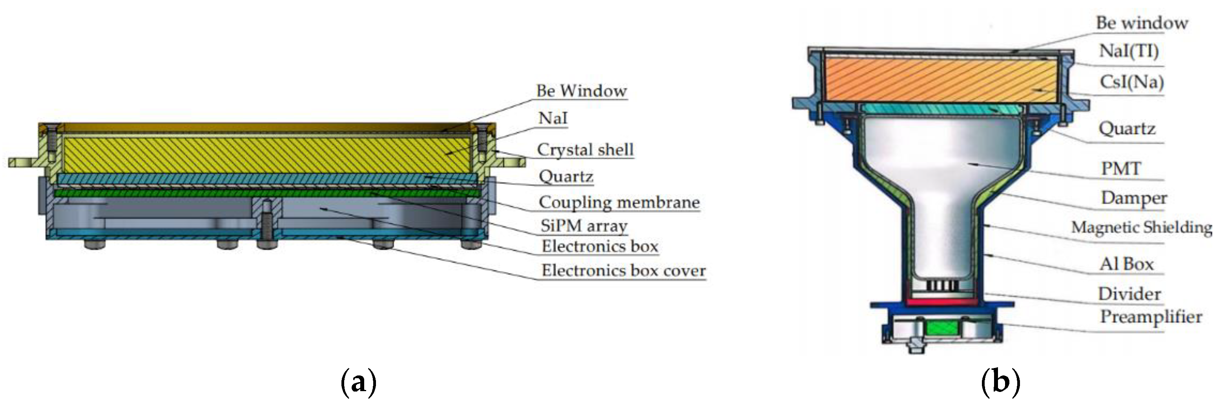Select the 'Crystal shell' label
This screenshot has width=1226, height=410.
click(585, 150)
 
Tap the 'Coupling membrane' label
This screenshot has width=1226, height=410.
click(619, 202)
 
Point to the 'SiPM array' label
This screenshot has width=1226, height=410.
click(584, 225)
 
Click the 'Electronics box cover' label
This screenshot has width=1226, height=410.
click(623, 271)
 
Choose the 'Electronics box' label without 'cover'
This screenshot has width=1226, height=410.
click(600, 246)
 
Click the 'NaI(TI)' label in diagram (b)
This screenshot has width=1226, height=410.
click(1128, 51)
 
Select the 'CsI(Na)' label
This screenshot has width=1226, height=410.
click(1131, 82)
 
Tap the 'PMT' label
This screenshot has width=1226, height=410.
click(1121, 168)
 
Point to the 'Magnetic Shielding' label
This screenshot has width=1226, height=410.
click(1141, 227)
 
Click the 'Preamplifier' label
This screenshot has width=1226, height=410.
click(1151, 317)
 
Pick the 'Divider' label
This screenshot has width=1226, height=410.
click(1129, 294)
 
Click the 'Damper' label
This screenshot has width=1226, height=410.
click(1134, 198)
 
